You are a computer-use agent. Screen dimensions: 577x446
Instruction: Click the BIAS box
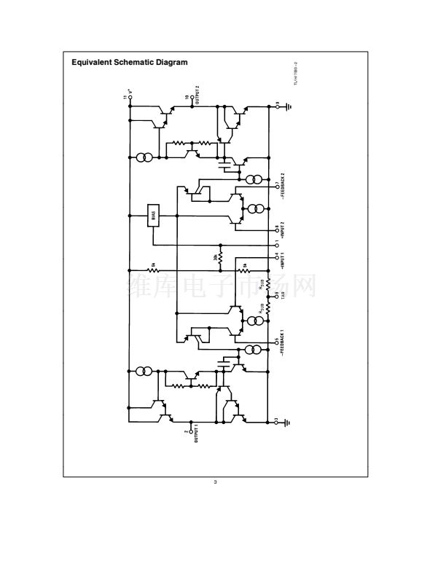click(x=153, y=216)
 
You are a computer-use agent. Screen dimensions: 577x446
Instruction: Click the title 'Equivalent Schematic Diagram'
click(x=129, y=63)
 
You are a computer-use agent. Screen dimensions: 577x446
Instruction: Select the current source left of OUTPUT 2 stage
click(x=144, y=157)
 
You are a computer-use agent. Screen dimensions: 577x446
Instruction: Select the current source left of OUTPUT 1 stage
click(x=144, y=372)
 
